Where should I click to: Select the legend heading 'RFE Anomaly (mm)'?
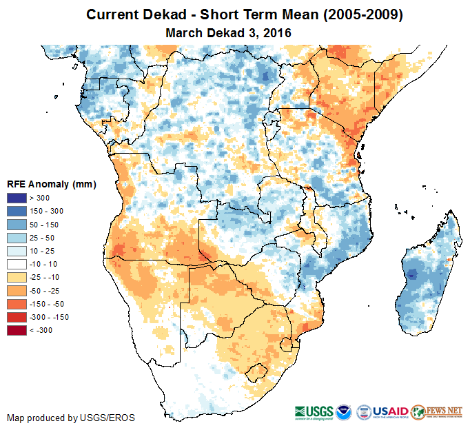51,184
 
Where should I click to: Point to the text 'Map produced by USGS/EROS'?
70,418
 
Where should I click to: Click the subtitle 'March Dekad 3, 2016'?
229,32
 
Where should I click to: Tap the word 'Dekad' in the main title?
163,14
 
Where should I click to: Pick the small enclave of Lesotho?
258,371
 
